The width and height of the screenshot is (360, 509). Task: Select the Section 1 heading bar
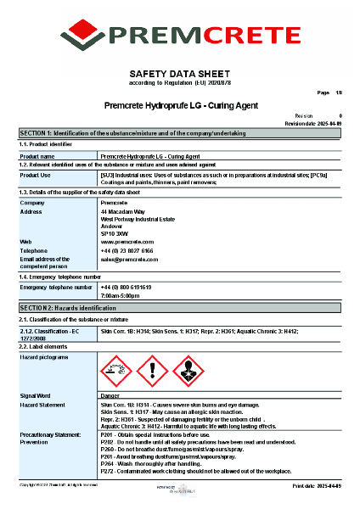pyautogui.click(x=180, y=134)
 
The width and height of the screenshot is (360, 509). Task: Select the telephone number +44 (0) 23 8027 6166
pyautogui.click(x=127, y=251)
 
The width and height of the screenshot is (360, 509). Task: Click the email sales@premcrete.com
pyautogui.click(x=130, y=260)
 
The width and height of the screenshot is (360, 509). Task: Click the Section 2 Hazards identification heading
pyautogui.click(x=180, y=307)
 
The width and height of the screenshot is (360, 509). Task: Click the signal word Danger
pyautogui.click(x=110, y=396)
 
